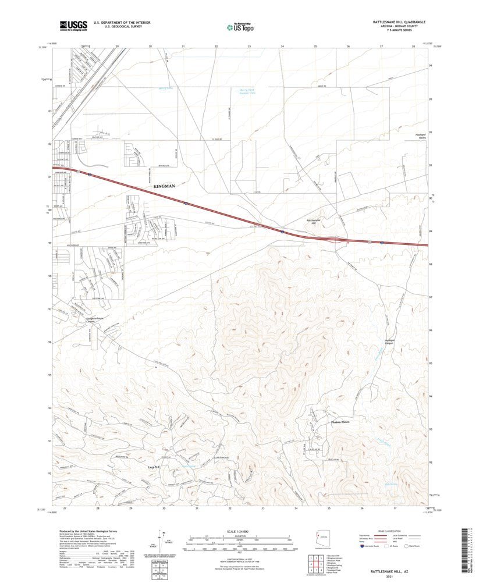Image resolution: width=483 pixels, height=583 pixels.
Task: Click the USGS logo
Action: point(73,25)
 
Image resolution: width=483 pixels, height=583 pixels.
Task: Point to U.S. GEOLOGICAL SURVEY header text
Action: point(110,27)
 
